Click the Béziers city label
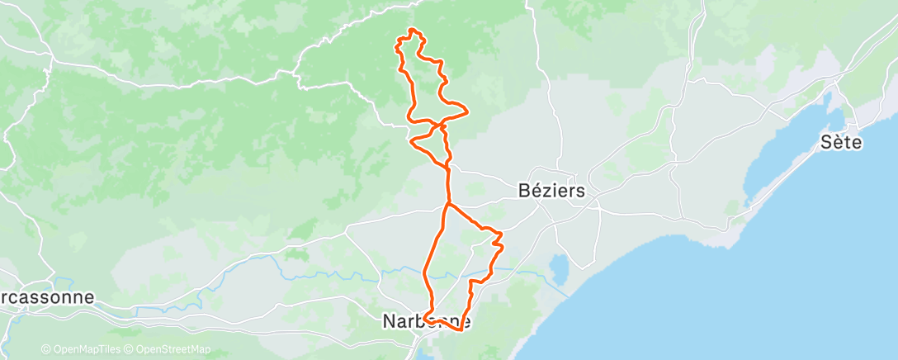point(551,191)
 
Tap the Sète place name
point(841,142)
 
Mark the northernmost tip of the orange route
point(413,31)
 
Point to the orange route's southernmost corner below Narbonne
point(458,330)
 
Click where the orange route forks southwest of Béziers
point(447,203)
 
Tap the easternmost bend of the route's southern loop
point(502,244)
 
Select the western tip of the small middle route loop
point(411,141)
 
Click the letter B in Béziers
point(523,191)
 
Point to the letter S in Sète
point(826,142)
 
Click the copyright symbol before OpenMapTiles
point(45,349)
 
